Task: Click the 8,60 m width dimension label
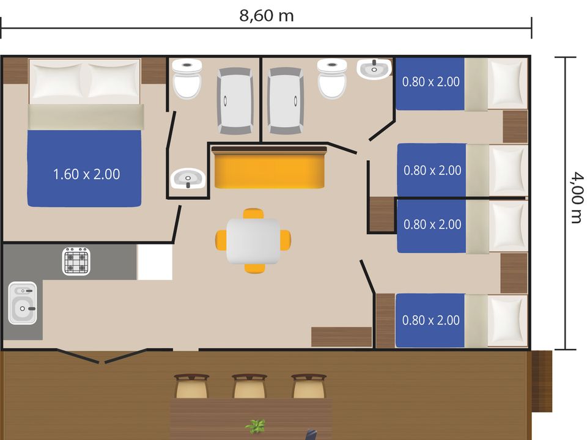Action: click(267, 16)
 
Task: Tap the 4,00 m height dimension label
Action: click(578, 197)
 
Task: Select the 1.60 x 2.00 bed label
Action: click(86, 174)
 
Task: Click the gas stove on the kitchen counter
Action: click(76, 261)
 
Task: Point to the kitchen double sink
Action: click(23, 302)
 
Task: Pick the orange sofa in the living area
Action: click(269, 167)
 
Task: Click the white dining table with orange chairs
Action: click(253, 241)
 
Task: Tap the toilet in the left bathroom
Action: click(187, 78)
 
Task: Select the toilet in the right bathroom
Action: click(331, 78)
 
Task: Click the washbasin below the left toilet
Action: click(188, 178)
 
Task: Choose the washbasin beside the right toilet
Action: click(374, 69)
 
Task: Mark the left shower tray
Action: click(235, 101)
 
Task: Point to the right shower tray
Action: click(286, 101)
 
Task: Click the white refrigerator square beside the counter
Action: click(155, 262)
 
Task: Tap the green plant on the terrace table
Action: click(256, 427)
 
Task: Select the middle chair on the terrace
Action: click(249, 386)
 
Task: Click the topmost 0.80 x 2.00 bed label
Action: click(431, 81)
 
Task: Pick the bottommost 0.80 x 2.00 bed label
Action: click(431, 320)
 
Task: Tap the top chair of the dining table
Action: click(253, 214)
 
